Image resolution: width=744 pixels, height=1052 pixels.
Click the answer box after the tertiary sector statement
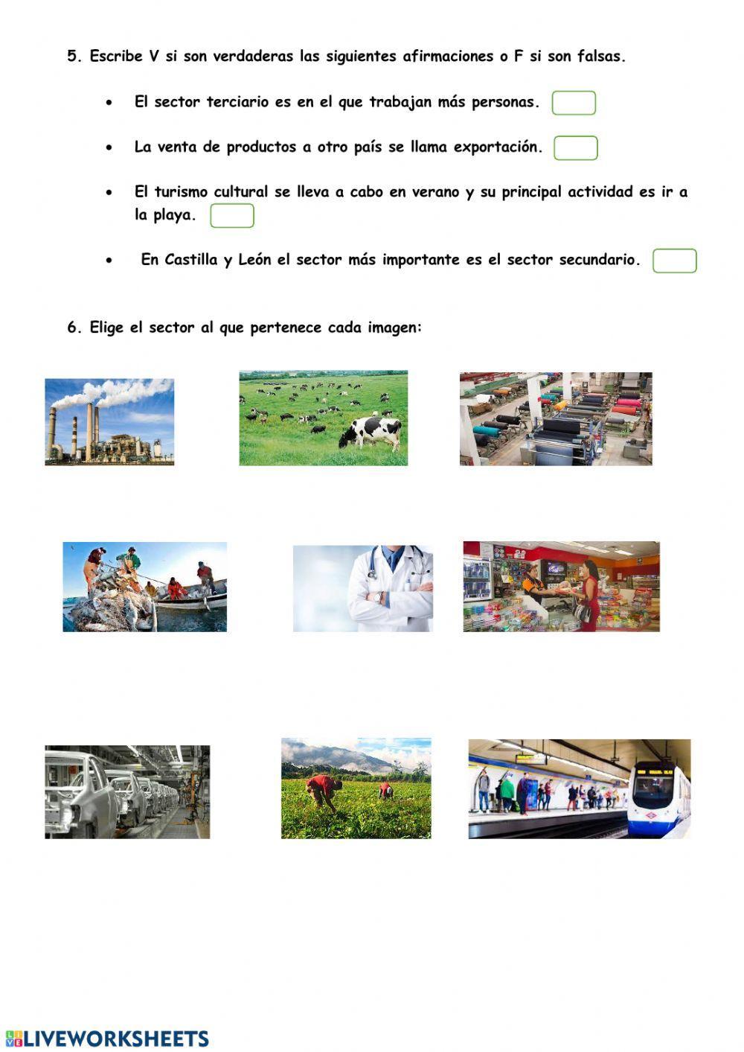[574, 103]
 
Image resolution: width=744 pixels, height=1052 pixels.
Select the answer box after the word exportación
[576, 148]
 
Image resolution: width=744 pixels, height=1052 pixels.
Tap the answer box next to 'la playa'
[232, 216]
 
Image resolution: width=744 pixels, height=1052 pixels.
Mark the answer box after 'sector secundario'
[674, 261]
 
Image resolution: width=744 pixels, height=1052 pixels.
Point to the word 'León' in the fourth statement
[254, 261]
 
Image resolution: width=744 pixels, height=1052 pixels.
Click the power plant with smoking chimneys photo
[109, 422]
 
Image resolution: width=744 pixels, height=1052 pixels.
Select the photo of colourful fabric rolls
[556, 419]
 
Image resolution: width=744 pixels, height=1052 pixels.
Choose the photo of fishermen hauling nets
[144, 587]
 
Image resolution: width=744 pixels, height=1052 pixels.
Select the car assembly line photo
[127, 791]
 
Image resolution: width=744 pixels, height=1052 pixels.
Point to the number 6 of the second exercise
[72, 328]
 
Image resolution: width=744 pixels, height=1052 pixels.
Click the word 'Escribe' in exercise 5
[115, 57]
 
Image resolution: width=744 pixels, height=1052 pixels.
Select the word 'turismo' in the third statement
[182, 192]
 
